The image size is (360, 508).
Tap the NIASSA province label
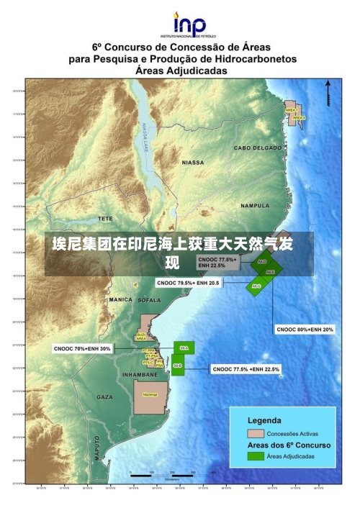pos(193,163)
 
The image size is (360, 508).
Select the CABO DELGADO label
pos(258,148)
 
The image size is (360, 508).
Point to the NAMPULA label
pos(255,206)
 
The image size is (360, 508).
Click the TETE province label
pos(106,217)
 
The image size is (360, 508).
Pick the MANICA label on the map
pos(120,299)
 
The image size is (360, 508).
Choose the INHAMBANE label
pos(140,375)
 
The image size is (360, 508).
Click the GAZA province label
pos(104,397)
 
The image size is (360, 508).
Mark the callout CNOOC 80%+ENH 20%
pos(305,330)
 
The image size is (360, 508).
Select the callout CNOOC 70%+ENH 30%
pos(82,348)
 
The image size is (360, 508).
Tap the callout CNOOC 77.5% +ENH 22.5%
pos(246,369)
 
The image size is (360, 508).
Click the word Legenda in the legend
pos(265,419)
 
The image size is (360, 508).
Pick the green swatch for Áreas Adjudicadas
pos(256,456)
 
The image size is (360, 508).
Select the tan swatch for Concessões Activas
pos(256,433)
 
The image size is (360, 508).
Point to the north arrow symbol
pos(329,91)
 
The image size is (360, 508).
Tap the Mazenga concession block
pos(150,394)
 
